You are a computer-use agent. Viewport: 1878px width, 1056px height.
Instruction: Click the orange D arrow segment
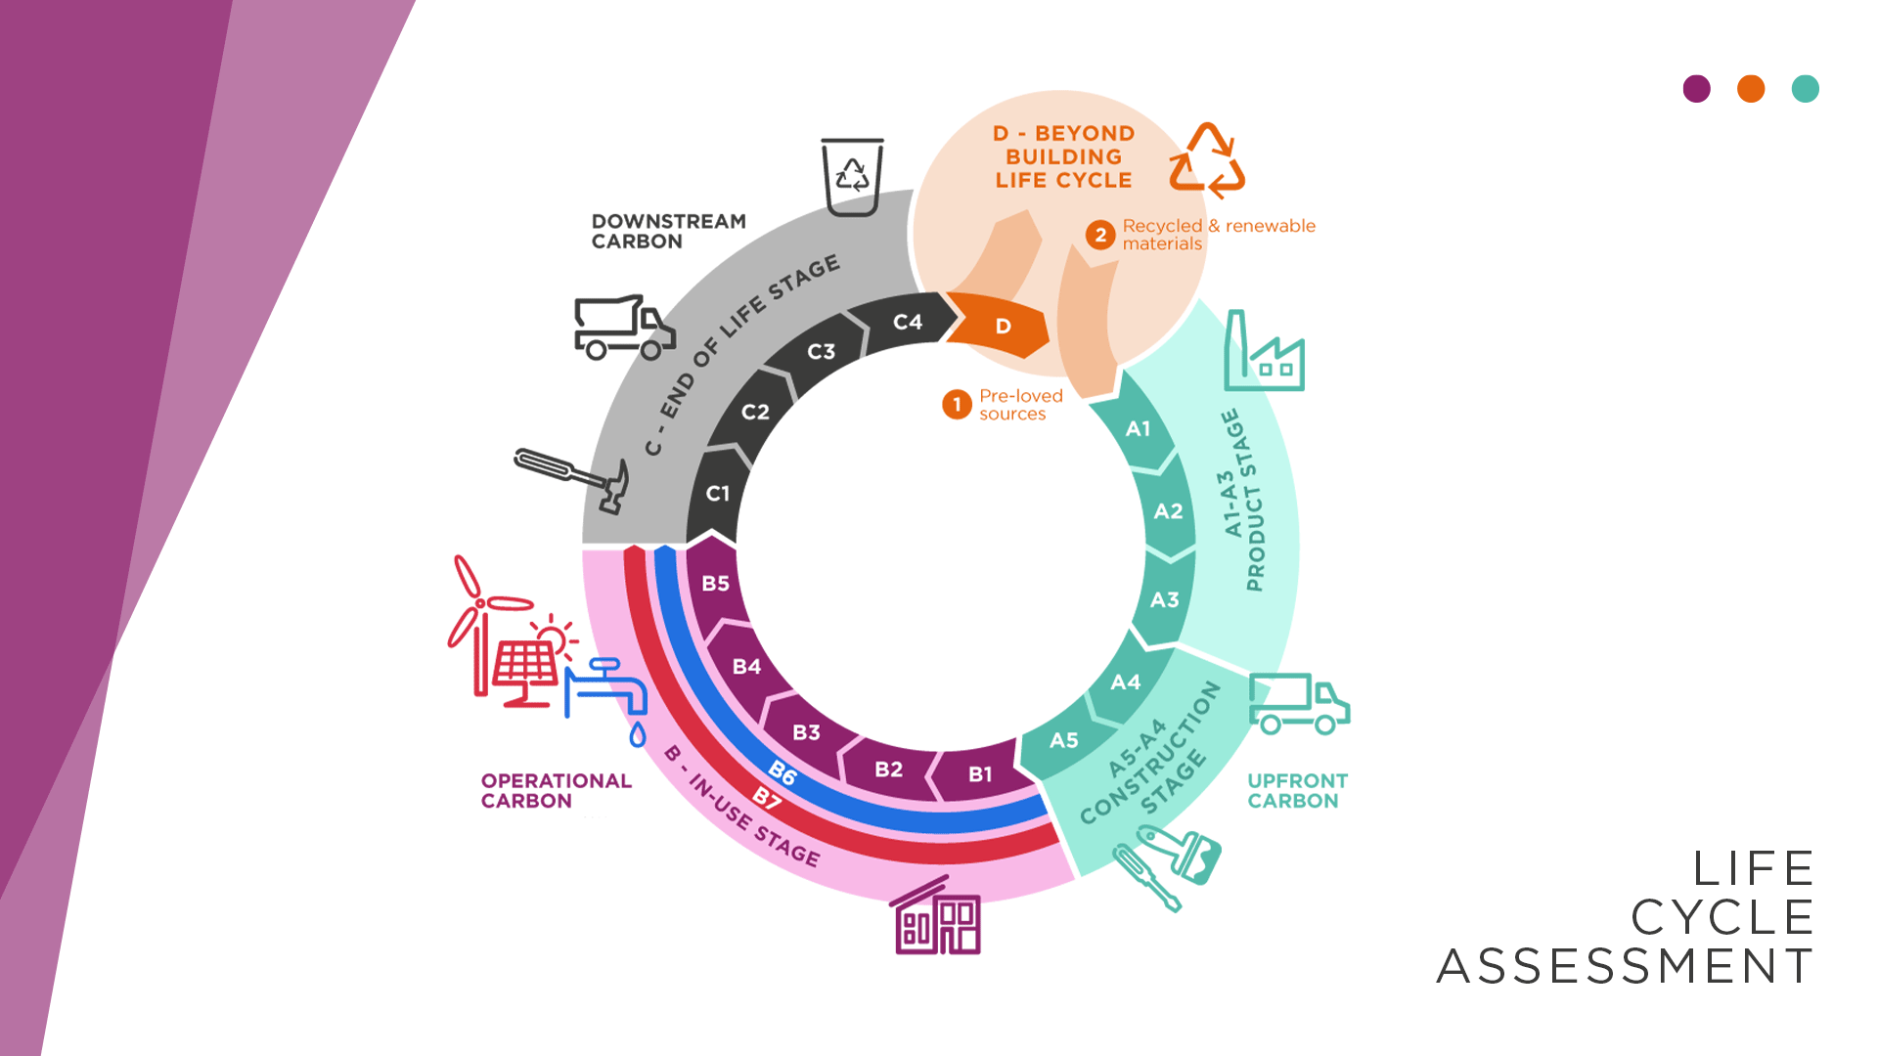1001,327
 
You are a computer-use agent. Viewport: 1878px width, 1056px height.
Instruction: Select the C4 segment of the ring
907,323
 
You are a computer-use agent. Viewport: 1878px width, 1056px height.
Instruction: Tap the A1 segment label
1138,428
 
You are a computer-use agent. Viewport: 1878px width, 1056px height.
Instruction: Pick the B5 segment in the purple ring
715,584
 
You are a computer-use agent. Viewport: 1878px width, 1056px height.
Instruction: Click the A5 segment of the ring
1064,740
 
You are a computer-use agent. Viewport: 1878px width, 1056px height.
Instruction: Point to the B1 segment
980,774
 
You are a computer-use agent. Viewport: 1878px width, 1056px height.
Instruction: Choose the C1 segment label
718,494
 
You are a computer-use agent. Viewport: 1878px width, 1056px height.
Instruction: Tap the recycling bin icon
852,177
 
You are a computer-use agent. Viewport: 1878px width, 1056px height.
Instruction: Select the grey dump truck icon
623,327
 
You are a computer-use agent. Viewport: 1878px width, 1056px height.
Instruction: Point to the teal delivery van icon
1298,704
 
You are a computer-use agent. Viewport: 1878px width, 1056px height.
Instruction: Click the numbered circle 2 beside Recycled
1100,235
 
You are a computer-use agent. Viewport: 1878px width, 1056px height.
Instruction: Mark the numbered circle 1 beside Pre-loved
957,404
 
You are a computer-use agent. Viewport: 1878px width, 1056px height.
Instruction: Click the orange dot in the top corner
1751,89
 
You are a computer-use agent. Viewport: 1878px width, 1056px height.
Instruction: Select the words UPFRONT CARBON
1297,791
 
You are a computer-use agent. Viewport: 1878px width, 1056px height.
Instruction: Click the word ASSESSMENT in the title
1625,966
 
